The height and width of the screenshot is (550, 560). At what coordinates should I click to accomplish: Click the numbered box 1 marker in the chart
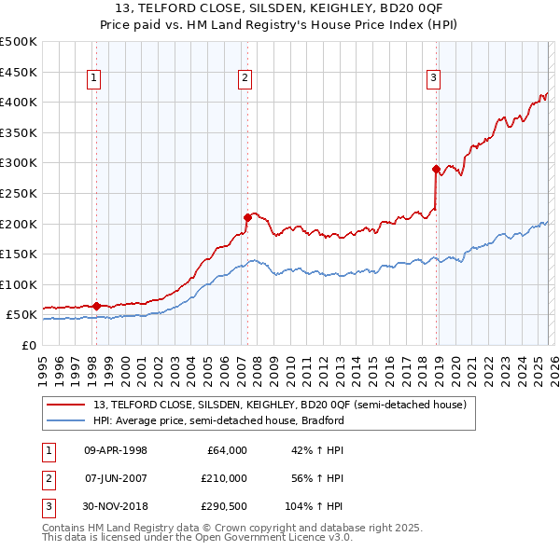pyautogui.click(x=95, y=79)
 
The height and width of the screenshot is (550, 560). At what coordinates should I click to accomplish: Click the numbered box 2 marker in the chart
pyautogui.click(x=245, y=79)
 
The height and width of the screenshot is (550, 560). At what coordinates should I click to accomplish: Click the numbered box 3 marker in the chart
pyautogui.click(x=434, y=79)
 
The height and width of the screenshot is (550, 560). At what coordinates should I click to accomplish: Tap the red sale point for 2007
pyautogui.click(x=247, y=217)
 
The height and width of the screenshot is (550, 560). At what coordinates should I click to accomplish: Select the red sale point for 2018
pyautogui.click(x=436, y=169)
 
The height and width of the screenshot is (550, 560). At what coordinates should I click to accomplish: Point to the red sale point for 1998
pyautogui.click(x=96, y=306)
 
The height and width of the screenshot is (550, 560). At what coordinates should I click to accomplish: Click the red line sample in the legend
pyautogui.click(x=65, y=405)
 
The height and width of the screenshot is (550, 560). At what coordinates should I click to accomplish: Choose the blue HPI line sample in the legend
pyautogui.click(x=65, y=420)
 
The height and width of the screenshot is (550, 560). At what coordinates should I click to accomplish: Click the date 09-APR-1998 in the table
pyautogui.click(x=116, y=450)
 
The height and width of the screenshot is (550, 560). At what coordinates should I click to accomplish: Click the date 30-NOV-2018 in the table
pyautogui.click(x=116, y=506)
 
